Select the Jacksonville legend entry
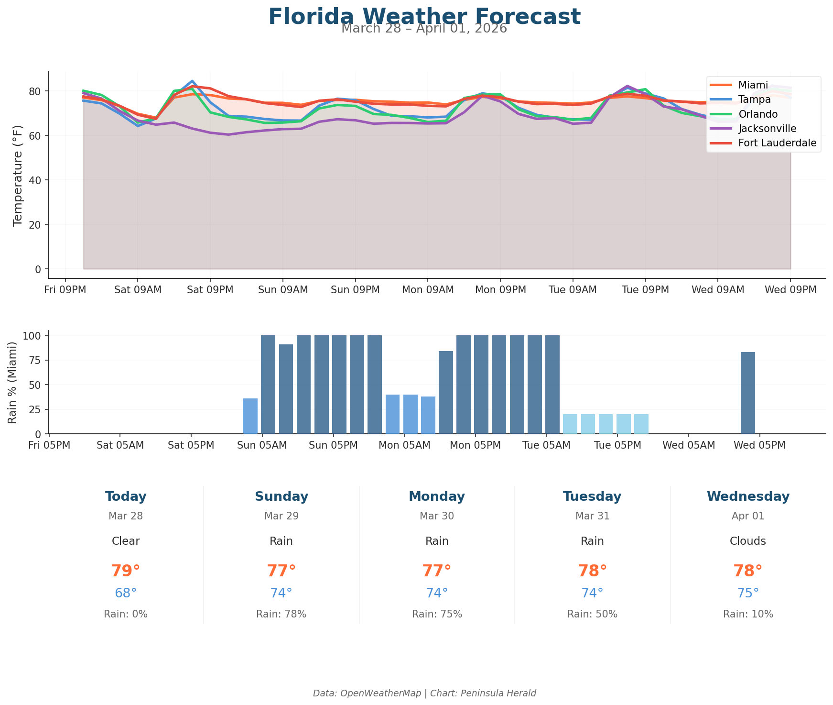tap(767, 129)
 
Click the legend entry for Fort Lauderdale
tap(777, 143)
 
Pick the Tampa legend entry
tap(754, 99)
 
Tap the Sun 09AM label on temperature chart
tap(282, 290)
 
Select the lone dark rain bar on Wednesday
tap(747, 393)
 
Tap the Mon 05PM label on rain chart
tap(475, 445)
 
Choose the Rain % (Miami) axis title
tap(13, 383)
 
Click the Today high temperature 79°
tap(126, 571)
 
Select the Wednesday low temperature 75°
tap(748, 593)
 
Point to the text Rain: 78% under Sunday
tap(281, 614)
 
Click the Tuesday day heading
tap(592, 496)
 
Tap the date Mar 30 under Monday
tap(437, 516)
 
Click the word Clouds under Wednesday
tap(748, 541)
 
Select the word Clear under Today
tap(126, 541)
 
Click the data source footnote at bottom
tap(424, 693)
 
